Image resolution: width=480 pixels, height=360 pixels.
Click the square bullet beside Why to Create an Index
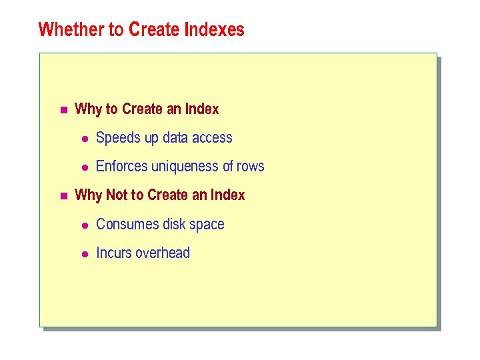[63, 109]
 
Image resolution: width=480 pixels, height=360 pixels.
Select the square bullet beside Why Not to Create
[63, 196]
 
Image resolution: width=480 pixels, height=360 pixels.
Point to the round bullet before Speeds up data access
[85, 139]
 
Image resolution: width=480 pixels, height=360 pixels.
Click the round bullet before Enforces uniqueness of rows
[85, 167]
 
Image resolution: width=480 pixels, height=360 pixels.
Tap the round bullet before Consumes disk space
[85, 225]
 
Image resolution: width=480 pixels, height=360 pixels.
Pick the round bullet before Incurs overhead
[85, 254]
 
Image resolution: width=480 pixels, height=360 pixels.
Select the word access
[213, 138]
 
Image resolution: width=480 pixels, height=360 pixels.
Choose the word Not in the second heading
[117, 195]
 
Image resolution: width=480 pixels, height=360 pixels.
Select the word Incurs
[114, 253]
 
